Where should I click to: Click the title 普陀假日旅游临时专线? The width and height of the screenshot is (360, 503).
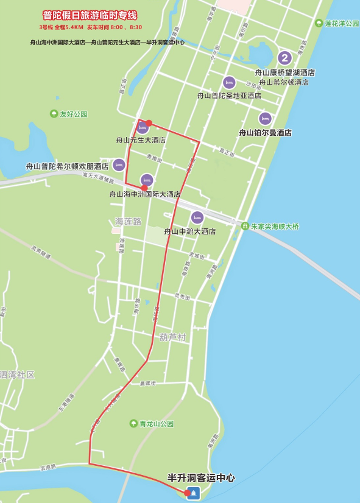(90, 15)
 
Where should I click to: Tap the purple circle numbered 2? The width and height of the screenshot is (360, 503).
(284, 58)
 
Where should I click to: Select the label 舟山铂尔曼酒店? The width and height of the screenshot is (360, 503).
(265, 132)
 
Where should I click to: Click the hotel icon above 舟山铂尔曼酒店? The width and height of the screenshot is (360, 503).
(264, 119)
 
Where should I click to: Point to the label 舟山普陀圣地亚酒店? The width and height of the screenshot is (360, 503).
(229, 96)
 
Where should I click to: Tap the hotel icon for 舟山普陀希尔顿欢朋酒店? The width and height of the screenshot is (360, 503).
(119, 165)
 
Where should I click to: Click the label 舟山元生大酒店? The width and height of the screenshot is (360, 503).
(141, 140)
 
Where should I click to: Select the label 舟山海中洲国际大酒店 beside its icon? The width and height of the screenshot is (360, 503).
(144, 194)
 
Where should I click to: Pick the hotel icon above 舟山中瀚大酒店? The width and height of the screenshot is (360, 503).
(197, 217)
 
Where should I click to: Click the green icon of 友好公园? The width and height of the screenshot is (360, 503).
(54, 114)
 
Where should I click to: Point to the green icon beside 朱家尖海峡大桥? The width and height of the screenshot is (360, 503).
(244, 227)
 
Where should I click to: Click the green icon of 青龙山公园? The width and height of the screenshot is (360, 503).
(133, 424)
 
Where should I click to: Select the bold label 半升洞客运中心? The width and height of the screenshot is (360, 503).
(201, 479)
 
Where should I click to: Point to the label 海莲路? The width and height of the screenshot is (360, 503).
(128, 221)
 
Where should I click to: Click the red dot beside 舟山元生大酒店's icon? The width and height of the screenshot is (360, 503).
(149, 123)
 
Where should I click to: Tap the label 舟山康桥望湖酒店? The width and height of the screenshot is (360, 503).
(284, 72)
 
